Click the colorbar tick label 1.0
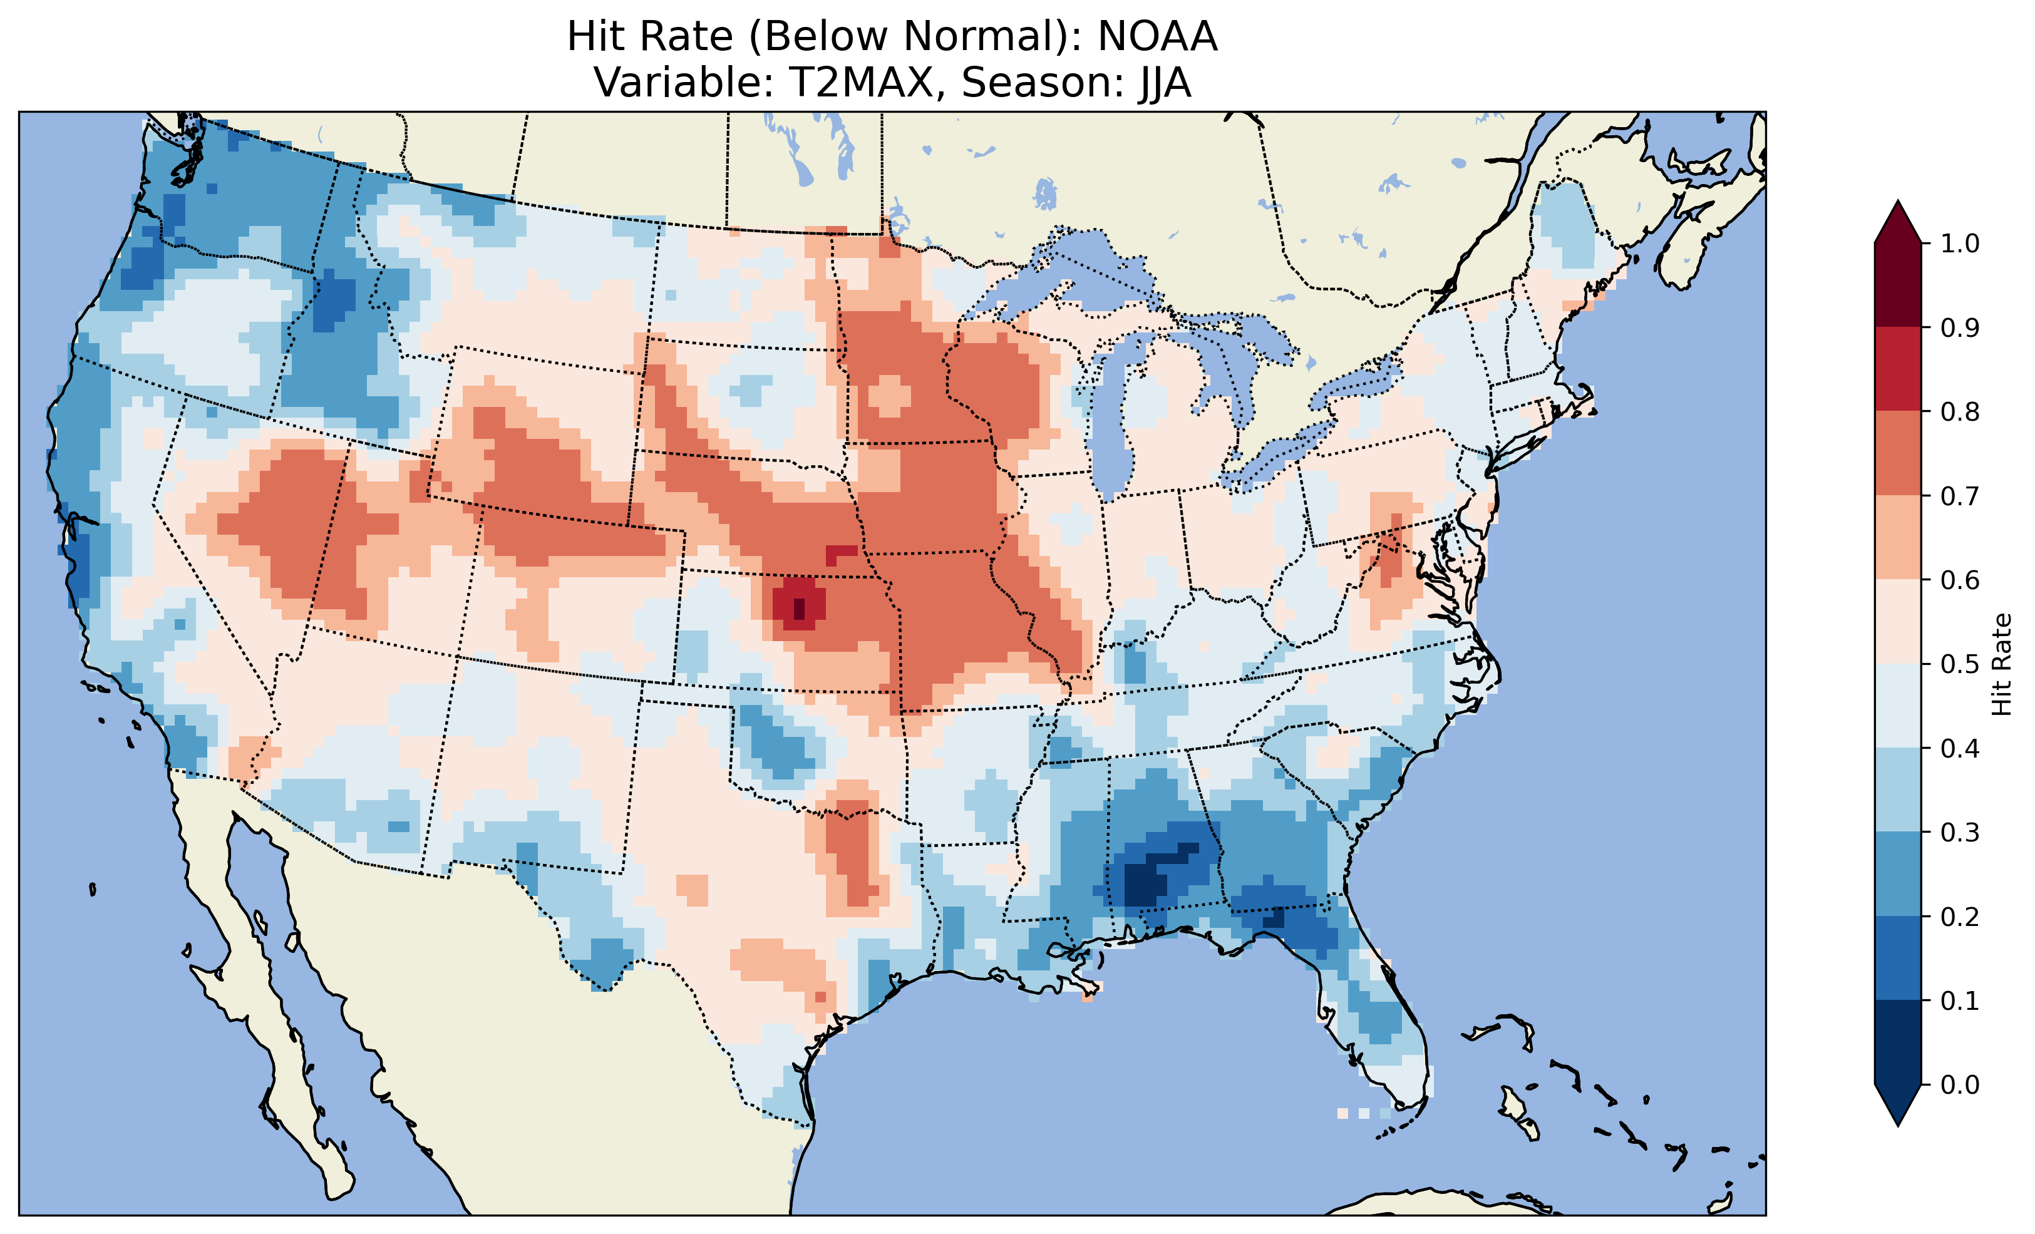pyautogui.click(x=1960, y=244)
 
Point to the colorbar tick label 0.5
pyautogui.click(x=1960, y=664)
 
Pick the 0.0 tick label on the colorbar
pyautogui.click(x=1960, y=1084)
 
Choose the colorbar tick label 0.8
pyautogui.click(x=1960, y=411)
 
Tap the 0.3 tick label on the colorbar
pyautogui.click(x=1960, y=833)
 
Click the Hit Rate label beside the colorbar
pyautogui.click(x=2001, y=664)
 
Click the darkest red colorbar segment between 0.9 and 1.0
pyautogui.click(x=1898, y=285)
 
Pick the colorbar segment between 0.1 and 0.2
pyautogui.click(x=1898, y=958)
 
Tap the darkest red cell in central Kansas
pyautogui.click(x=798, y=609)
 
